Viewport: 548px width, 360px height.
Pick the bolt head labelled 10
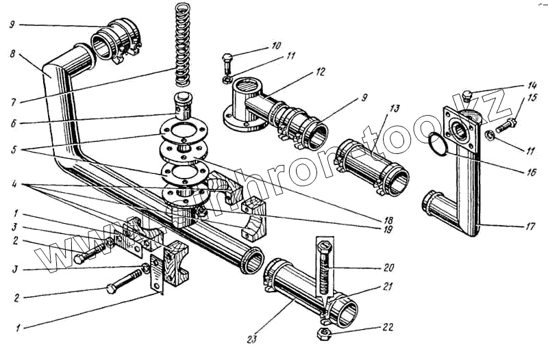(228, 57)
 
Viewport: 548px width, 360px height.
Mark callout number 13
(395, 110)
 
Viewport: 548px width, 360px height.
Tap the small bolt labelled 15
(508, 125)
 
